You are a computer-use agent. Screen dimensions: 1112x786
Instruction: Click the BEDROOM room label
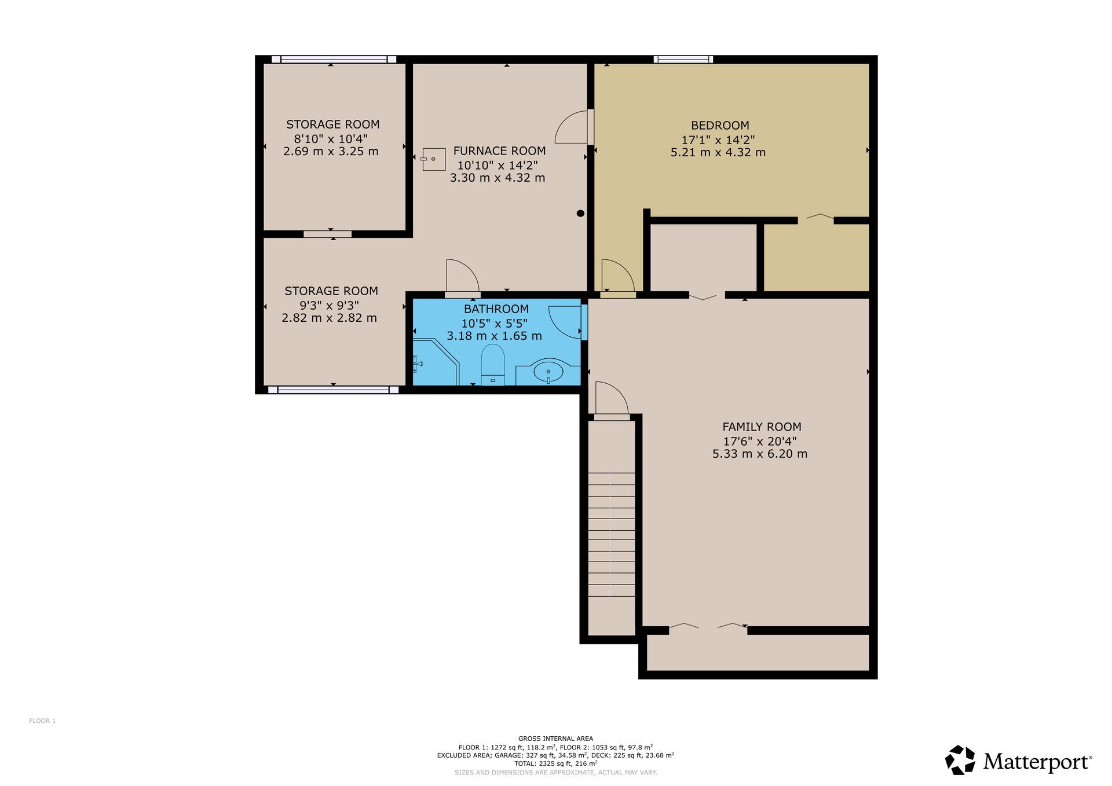(720, 126)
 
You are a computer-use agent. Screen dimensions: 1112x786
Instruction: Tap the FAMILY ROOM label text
(762, 427)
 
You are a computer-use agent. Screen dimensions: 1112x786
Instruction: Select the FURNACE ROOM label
(499, 151)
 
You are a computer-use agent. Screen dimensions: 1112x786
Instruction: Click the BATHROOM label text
(496, 309)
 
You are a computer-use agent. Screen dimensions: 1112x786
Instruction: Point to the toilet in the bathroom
(493, 365)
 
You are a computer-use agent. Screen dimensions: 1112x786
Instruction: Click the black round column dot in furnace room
(580, 214)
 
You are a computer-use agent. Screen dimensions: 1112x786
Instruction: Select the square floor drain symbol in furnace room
(433, 159)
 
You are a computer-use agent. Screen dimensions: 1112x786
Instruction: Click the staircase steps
(612, 534)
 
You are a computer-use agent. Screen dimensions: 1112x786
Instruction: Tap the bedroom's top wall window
(683, 59)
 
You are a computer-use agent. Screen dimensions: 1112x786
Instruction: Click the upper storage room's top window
(334, 59)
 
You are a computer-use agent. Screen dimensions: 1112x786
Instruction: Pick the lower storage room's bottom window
(333, 390)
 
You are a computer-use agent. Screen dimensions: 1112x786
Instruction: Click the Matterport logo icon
(960, 760)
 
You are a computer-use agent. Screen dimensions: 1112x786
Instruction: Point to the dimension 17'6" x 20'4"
(760, 441)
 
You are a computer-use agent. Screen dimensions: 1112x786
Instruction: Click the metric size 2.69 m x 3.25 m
(331, 152)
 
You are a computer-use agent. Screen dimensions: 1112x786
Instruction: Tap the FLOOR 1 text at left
(42, 721)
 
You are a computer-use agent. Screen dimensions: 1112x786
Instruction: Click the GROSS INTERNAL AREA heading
(555, 739)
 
